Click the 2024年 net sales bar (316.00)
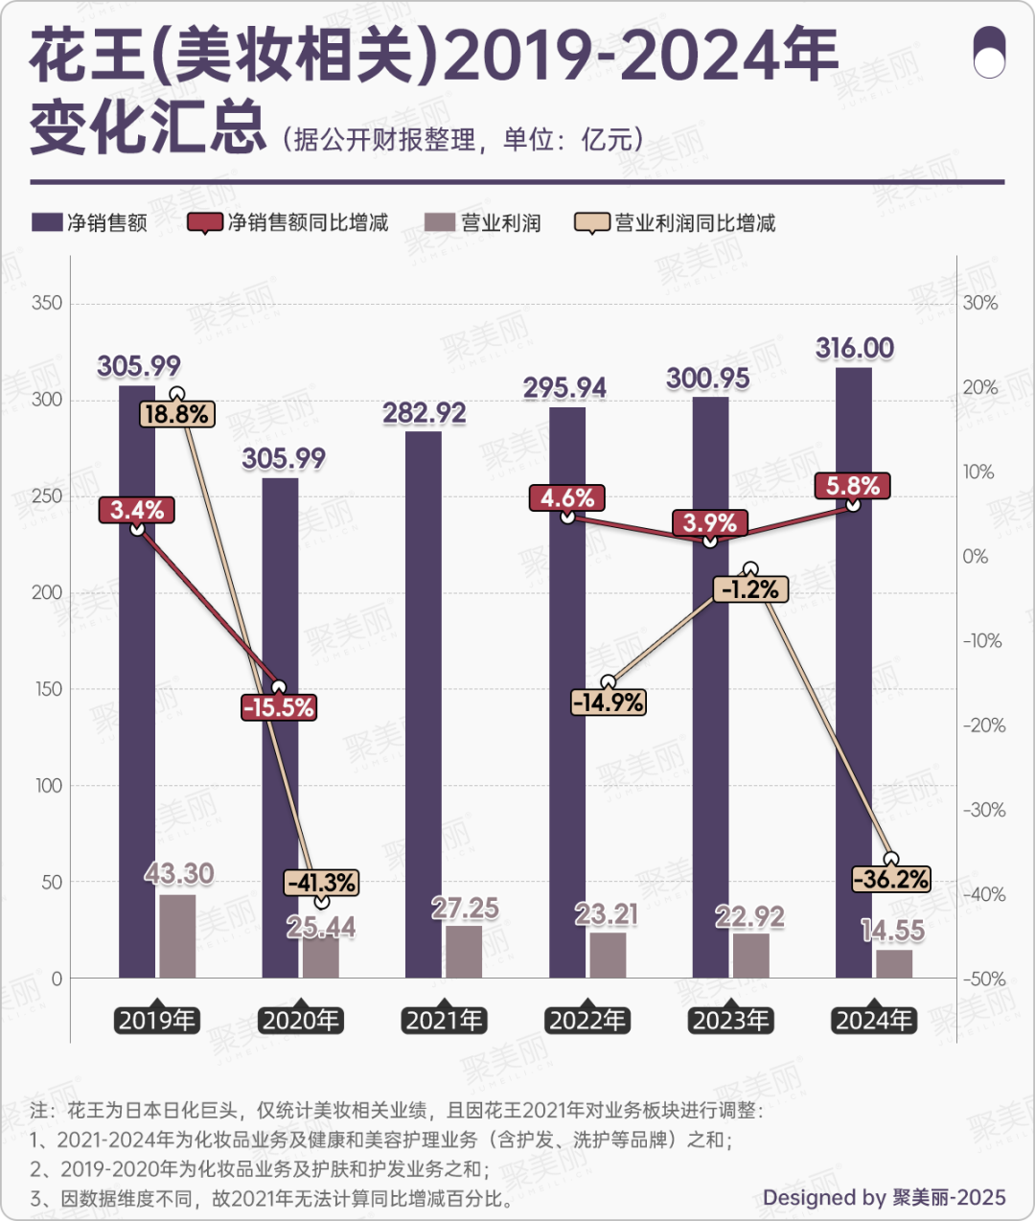pos(853,671)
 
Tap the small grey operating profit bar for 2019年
pos(177,935)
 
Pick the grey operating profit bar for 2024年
pos(894,963)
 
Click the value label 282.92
pos(425,413)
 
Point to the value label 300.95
pos(708,379)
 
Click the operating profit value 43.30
pos(179,874)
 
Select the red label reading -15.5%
pos(279,708)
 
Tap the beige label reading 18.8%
pos(177,414)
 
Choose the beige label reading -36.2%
pos(891,879)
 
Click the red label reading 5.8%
pos(853,486)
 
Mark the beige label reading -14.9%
pos(608,703)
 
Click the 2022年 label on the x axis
pos(587,1020)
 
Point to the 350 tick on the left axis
pos(47,303)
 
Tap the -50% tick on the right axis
pos(983,979)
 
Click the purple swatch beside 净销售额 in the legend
pos(47,223)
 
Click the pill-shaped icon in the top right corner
pos(989,52)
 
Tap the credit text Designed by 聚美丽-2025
pos(884,1197)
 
